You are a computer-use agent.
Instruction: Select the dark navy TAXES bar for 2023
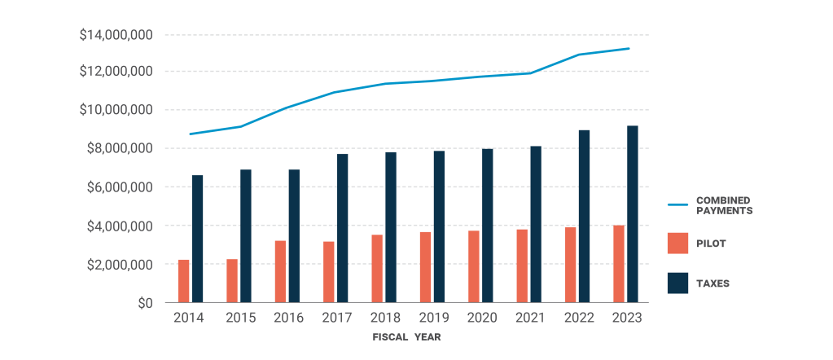coord(633,214)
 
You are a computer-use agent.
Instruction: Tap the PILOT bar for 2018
coord(377,269)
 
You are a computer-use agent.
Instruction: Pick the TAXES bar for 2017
coord(343,228)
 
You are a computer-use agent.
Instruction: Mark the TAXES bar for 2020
coord(488,226)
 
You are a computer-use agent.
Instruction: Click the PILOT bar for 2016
coord(280,271)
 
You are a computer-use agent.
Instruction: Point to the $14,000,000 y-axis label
coord(116,35)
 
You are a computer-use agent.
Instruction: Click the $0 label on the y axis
coord(144,303)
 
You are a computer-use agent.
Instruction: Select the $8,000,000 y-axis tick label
coord(116,148)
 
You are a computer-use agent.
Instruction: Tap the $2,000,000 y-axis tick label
coord(116,265)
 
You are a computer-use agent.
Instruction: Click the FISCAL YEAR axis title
coord(406,336)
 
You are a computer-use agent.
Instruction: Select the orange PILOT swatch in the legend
coord(677,243)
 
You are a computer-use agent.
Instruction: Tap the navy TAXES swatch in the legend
coord(677,283)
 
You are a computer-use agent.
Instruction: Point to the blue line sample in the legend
coord(677,204)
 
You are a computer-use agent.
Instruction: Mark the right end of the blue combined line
coord(629,49)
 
